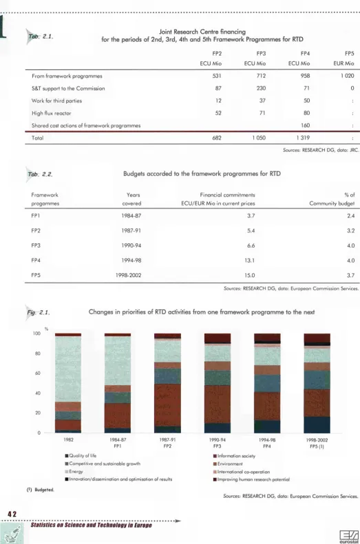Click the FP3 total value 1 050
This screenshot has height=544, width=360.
(x=259, y=138)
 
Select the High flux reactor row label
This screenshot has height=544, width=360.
(x=52, y=113)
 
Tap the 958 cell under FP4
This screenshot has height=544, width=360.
(x=305, y=76)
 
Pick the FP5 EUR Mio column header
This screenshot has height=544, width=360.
(x=343, y=58)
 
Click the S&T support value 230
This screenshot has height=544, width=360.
(x=261, y=88)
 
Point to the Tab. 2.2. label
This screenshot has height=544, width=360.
(x=41, y=174)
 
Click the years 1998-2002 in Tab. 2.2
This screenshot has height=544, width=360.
(x=129, y=275)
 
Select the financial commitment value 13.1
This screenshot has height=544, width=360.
(x=250, y=260)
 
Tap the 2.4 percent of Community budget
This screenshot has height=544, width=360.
(x=350, y=216)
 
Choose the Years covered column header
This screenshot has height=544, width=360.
(x=132, y=199)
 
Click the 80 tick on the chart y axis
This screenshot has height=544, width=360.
(x=36, y=353)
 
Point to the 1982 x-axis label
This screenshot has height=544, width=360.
(x=68, y=439)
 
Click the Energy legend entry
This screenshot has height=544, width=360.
(x=74, y=472)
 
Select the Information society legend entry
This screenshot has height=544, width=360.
(x=234, y=456)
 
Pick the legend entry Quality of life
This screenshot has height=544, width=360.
(x=81, y=455)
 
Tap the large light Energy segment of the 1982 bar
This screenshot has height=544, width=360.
(x=68, y=369)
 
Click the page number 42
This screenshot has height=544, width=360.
(x=12, y=514)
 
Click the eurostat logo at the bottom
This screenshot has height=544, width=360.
(x=349, y=536)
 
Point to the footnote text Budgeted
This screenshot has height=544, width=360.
(x=41, y=490)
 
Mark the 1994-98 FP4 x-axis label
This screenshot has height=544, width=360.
(x=267, y=443)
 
